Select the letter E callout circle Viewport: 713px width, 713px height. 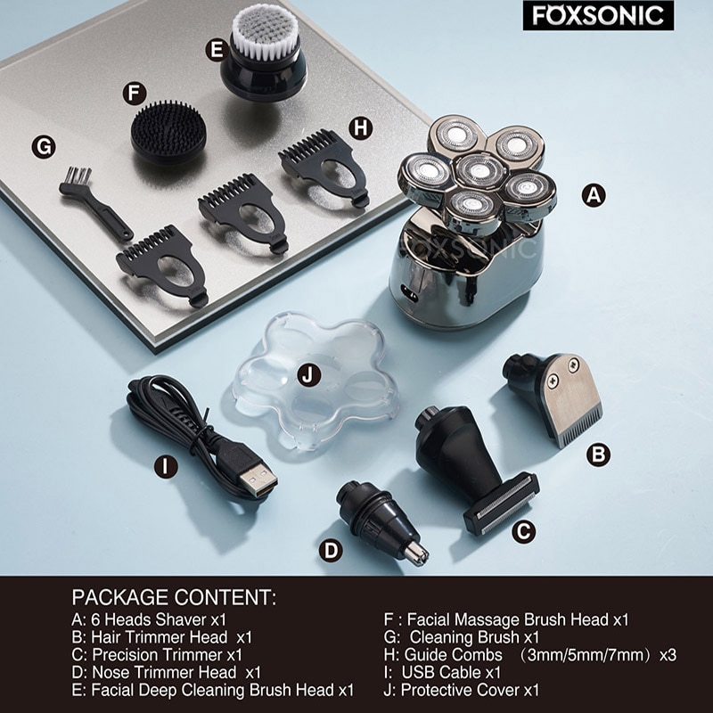pos(216,50)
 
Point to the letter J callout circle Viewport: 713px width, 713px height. pos(309,375)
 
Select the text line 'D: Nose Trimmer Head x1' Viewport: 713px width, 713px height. pos(166,672)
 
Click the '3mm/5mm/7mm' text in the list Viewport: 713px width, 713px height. pos(583,655)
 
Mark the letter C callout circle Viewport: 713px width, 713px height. pos(526,532)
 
